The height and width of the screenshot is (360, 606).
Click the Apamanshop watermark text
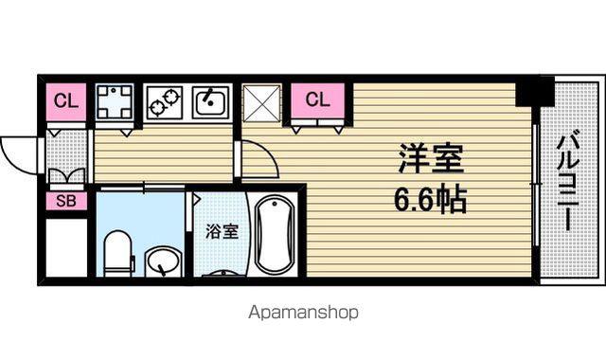pos(303,312)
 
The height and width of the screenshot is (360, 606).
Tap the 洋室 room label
pos(431,158)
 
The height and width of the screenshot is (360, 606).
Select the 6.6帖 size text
pos(431,200)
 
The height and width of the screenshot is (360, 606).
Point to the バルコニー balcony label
pos(568,181)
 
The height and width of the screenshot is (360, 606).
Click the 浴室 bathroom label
pos(222,231)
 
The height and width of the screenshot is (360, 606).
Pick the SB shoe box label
pos(66,201)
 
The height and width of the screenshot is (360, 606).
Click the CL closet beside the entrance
pos(66,102)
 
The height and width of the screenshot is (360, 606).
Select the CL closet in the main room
pos(318,100)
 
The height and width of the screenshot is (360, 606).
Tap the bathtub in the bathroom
pos(275,235)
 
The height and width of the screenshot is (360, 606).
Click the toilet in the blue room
pos(118,253)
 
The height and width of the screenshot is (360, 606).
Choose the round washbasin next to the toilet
pos(163,261)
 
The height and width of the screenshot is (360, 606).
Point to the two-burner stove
pos(164,102)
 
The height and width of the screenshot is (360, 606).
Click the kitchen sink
pos(210,101)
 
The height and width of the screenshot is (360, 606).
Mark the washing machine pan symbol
pos(114,102)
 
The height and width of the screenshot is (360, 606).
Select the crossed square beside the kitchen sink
pos(261,103)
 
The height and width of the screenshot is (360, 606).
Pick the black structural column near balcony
pos(535,91)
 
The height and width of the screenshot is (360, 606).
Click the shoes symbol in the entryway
pos(67,176)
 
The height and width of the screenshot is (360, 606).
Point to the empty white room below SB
pos(66,247)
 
